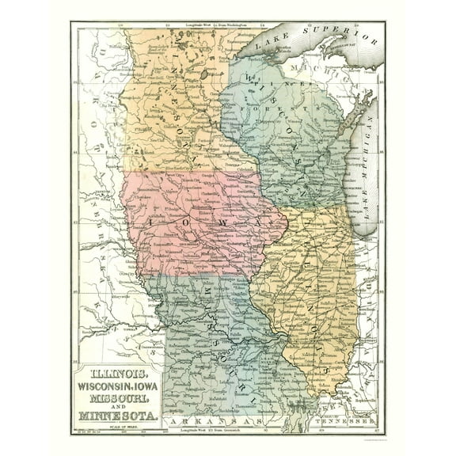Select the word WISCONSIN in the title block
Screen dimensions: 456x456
point(107,386)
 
